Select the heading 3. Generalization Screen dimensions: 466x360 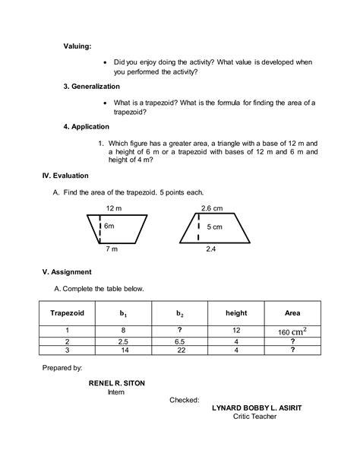[x=95, y=87]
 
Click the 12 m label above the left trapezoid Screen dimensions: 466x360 [x=114, y=208]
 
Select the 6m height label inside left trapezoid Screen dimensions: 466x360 [x=109, y=227]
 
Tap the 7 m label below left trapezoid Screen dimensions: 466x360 [x=112, y=249]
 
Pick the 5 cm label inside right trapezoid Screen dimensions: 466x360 [x=214, y=227]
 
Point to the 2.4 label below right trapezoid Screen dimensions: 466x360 [x=210, y=249]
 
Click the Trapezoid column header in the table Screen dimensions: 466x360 [x=67, y=312]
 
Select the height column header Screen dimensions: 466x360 [x=236, y=312]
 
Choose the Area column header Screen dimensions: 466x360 [x=292, y=312]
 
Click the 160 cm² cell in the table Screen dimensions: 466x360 [x=292, y=331]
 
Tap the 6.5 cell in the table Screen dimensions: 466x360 [x=179, y=342]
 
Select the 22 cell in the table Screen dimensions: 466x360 [x=179, y=350]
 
